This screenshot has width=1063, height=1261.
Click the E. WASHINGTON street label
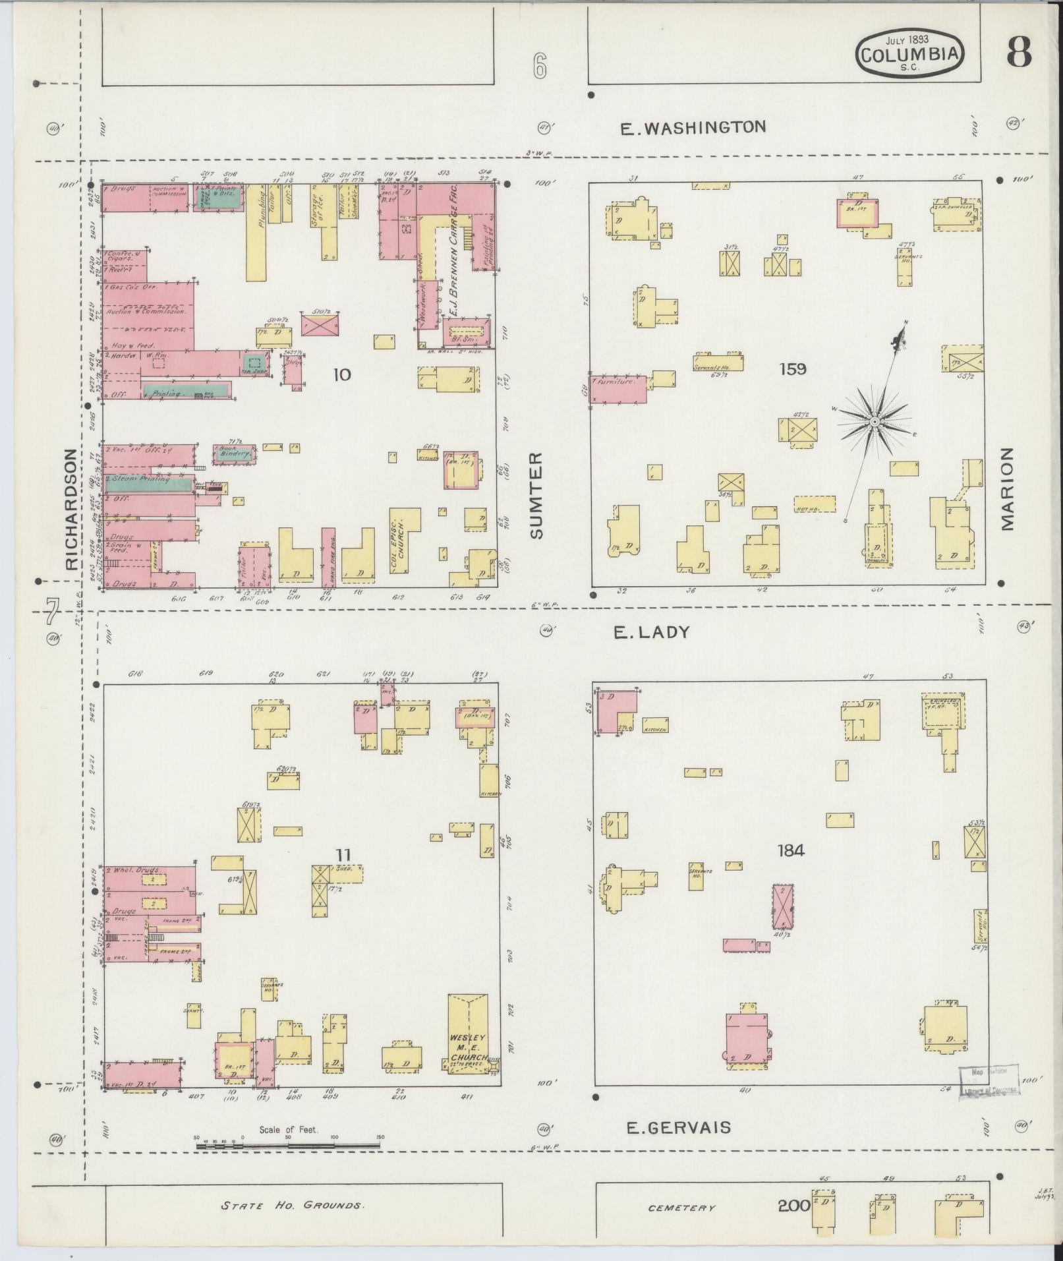pyautogui.click(x=694, y=127)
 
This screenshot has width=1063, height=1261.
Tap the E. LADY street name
pyautogui.click(x=651, y=633)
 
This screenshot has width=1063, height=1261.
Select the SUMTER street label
pyautogui.click(x=536, y=495)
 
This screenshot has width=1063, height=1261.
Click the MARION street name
pyautogui.click(x=1006, y=488)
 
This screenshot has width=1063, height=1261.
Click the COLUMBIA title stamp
pyautogui.click(x=909, y=54)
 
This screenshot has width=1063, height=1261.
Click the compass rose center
pyautogui.click(x=874, y=421)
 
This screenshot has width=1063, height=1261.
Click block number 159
pyautogui.click(x=792, y=369)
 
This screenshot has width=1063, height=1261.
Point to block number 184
pyautogui.click(x=790, y=851)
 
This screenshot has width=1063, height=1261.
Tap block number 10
pyautogui.click(x=342, y=375)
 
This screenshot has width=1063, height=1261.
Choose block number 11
pyautogui.click(x=343, y=855)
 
